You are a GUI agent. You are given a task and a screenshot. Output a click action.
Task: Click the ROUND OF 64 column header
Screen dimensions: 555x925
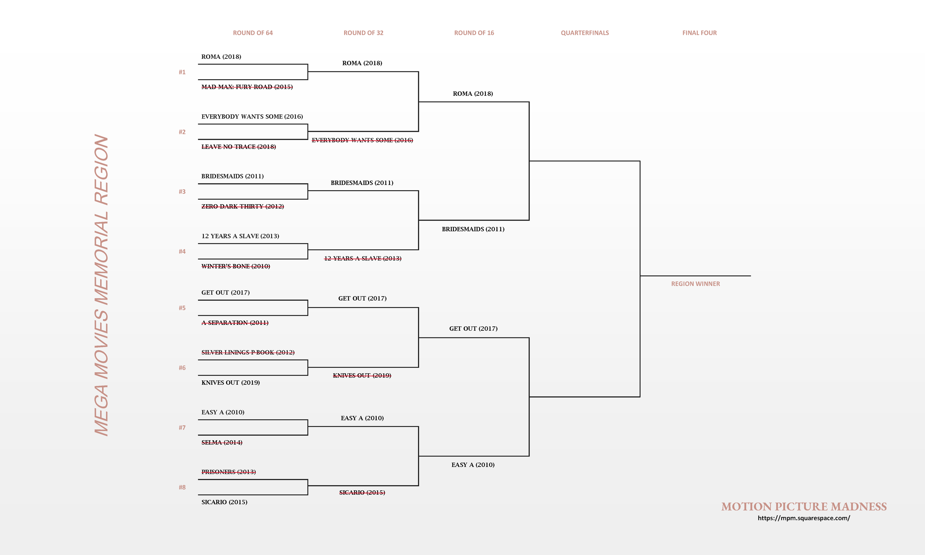253,33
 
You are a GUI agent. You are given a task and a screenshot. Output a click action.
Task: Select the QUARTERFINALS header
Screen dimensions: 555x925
585,33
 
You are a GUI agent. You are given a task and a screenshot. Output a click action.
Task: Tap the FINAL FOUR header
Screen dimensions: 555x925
699,33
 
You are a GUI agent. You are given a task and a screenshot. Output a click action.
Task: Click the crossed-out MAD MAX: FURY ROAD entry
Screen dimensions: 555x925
247,87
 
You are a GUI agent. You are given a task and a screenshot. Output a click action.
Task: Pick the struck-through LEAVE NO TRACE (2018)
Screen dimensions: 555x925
239,147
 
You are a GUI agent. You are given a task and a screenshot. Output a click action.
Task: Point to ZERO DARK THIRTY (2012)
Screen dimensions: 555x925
243,206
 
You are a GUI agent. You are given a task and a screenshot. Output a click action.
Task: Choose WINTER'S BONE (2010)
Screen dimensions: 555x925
236,266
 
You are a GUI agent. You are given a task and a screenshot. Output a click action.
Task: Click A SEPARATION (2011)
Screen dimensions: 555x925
235,323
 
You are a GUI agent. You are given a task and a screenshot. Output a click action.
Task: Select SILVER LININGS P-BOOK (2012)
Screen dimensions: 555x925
248,352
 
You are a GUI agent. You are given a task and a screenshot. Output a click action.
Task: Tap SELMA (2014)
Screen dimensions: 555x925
222,443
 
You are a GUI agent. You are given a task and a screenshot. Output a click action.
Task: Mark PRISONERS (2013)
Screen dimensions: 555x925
228,472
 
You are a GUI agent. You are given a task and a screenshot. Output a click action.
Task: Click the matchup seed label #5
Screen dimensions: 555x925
182,308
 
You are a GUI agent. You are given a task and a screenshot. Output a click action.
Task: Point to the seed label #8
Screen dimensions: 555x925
182,487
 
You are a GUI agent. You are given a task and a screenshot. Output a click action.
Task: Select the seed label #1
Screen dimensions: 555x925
182,72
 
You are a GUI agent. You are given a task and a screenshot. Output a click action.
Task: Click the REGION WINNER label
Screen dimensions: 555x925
695,284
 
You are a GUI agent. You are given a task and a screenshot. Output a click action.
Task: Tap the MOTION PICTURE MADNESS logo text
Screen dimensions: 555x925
804,507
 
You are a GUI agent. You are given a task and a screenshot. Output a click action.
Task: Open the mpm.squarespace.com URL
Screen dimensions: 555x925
804,518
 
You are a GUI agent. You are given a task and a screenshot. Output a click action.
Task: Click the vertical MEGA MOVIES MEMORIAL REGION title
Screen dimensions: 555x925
101,285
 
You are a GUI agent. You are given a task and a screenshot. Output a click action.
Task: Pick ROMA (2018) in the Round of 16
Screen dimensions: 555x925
472,94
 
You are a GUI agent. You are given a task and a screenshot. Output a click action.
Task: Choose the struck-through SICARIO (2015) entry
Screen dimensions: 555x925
362,492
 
